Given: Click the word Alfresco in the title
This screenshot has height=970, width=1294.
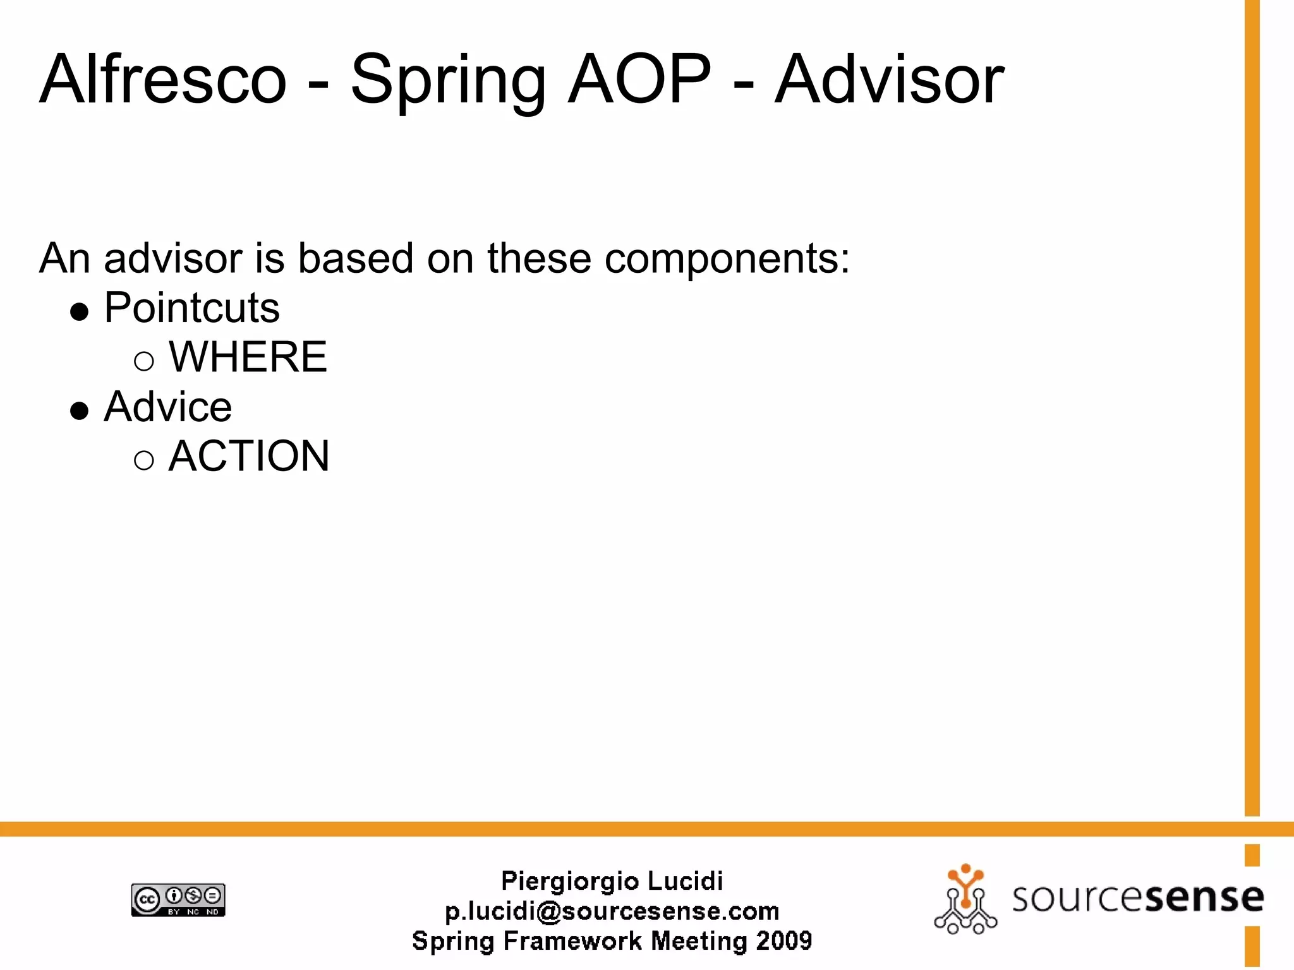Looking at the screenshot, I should pyautogui.click(x=163, y=80).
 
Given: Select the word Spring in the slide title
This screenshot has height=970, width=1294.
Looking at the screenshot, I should pyautogui.click(x=447, y=81).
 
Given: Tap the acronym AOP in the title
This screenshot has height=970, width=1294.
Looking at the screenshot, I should pyautogui.click(x=639, y=80).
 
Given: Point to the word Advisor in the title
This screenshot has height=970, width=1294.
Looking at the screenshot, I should pyautogui.click(x=889, y=80).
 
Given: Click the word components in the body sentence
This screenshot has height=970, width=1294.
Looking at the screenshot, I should pyautogui.click(x=727, y=259).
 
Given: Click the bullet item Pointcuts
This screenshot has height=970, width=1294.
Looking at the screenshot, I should pyautogui.click(x=191, y=308).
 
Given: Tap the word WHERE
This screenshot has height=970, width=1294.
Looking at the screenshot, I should pyautogui.click(x=248, y=357).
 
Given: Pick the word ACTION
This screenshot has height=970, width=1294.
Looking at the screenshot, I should pyautogui.click(x=249, y=455).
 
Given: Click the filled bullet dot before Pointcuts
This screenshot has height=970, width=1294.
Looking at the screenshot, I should pyautogui.click(x=80, y=312).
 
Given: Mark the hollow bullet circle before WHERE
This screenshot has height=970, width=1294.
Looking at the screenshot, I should pyautogui.click(x=144, y=361).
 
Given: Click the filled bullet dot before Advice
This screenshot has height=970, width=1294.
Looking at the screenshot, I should pyautogui.click(x=80, y=410).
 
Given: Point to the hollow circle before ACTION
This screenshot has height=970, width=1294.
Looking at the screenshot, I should pyautogui.click(x=144, y=460).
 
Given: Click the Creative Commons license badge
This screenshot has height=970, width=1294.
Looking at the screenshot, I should pyautogui.click(x=178, y=900).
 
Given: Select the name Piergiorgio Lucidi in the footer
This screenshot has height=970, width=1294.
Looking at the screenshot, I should pyautogui.click(x=612, y=881).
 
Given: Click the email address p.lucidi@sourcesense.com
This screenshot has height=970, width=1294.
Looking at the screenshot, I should pyautogui.click(x=612, y=911).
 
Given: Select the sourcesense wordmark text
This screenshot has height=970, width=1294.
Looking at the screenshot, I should pyautogui.click(x=1137, y=898).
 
